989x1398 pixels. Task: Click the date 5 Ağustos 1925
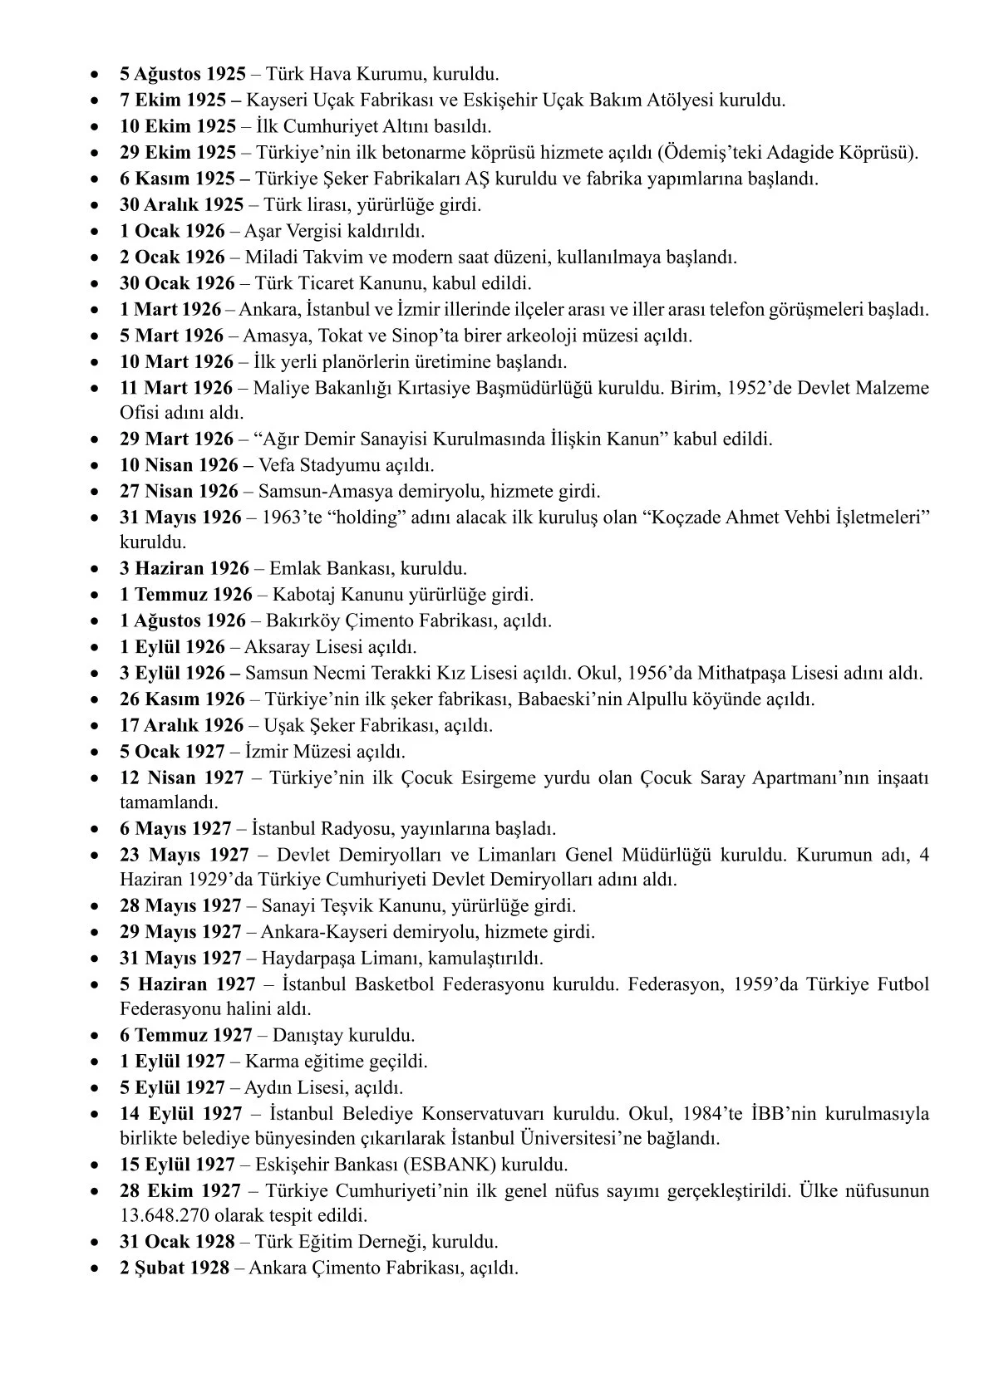(x=182, y=75)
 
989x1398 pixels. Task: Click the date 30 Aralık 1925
(x=181, y=204)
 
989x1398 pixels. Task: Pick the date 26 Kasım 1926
(x=182, y=699)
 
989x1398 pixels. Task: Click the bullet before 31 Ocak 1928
(x=99, y=1242)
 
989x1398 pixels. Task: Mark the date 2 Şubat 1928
(x=174, y=1268)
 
